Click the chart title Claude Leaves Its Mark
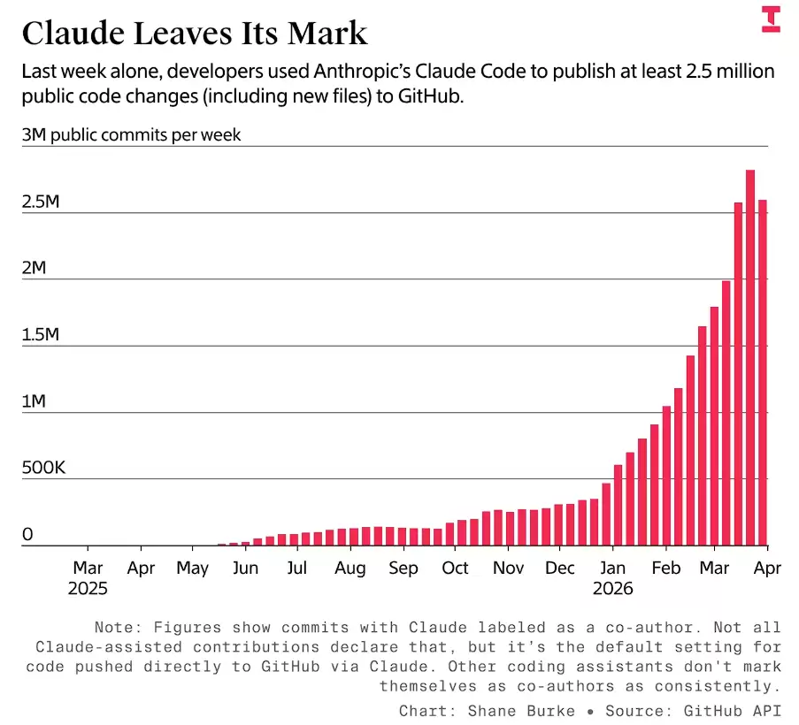[194, 34]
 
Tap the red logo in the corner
[771, 19]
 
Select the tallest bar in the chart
[750, 357]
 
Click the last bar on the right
[763, 372]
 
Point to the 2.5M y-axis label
[41, 202]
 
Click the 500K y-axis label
[43, 468]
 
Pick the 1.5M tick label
[41, 335]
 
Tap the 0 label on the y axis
[27, 535]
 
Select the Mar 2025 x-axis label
[88, 577]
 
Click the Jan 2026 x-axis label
[613, 577]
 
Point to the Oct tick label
[456, 569]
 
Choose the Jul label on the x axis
[297, 569]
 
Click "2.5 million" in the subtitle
[731, 72]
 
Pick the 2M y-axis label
[34, 268]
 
